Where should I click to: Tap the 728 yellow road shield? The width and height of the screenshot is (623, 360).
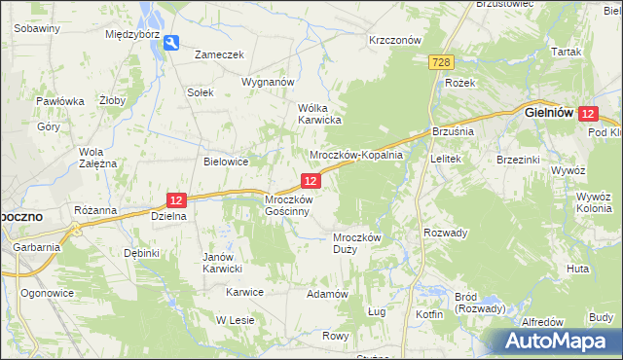point(440,62)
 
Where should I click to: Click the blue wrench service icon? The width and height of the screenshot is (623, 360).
point(171,42)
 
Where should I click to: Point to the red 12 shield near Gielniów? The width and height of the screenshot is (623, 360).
point(587,114)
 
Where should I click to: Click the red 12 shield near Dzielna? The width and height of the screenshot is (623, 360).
point(175,199)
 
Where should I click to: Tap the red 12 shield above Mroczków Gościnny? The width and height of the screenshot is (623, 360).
point(311,181)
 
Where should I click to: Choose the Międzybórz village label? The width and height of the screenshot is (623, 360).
point(132,33)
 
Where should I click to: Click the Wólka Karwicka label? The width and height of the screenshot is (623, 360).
point(319,114)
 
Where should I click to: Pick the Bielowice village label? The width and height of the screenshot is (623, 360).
point(226,162)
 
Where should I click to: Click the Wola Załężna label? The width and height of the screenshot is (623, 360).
point(98,158)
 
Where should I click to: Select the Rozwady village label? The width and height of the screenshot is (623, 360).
point(446,233)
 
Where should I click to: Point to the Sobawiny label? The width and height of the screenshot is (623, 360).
point(37,28)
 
